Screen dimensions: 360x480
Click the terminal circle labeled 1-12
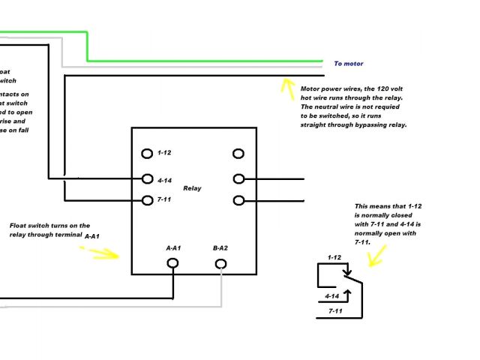pyautogui.click(x=147, y=153)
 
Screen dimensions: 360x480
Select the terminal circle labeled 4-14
pyautogui.click(x=147, y=178)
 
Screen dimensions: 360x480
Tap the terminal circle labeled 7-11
pyautogui.click(x=147, y=200)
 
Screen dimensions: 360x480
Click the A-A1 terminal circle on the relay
pyautogui.click(x=172, y=263)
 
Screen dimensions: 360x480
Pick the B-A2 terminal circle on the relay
pyautogui.click(x=220, y=263)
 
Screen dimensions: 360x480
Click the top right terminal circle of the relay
pyautogui.click(x=238, y=153)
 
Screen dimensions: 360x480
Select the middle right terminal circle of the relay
pyautogui.click(x=238, y=178)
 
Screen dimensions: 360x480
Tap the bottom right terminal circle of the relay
pyautogui.click(x=238, y=200)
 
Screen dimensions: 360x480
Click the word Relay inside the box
pyautogui.click(x=192, y=188)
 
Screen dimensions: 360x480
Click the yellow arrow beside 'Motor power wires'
pyautogui.click(x=286, y=88)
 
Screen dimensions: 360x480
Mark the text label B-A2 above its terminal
pyautogui.click(x=220, y=247)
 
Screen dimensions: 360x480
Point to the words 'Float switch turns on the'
pyautogui.click(x=49, y=225)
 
